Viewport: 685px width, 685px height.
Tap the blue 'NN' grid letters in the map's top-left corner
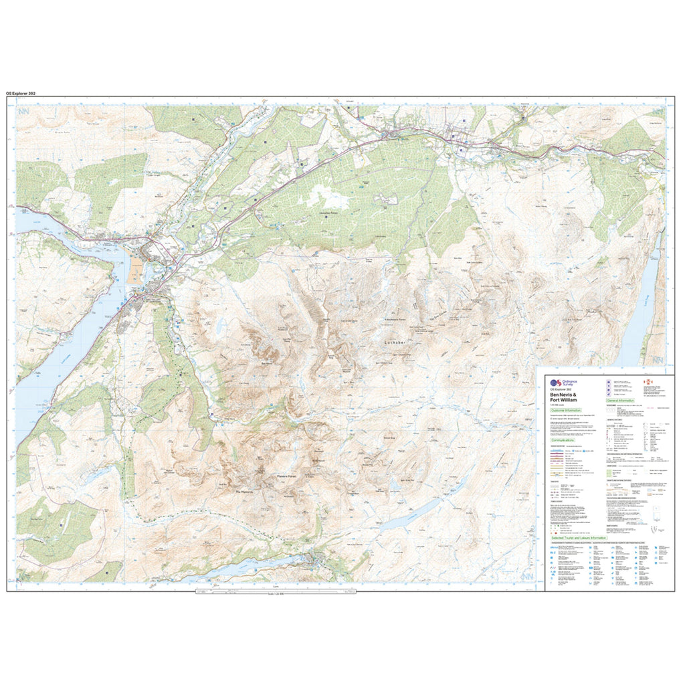[25, 114]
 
